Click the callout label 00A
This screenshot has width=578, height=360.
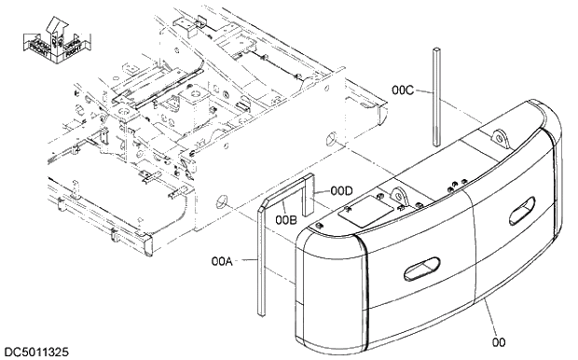coord(223,262)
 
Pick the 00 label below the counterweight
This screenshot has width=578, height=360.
coord(498,342)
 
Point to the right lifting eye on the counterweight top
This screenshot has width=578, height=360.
coord(501,140)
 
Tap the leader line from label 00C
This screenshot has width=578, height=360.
coord(424,91)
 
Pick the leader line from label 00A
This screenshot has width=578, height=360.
coord(244,263)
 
